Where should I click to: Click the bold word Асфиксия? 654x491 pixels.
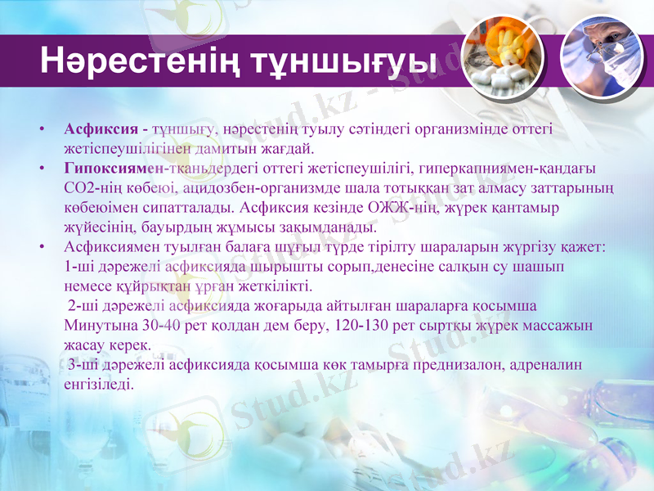(x=100, y=130)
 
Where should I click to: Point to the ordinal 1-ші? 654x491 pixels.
(x=78, y=268)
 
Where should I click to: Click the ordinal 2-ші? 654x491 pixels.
(x=83, y=306)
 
